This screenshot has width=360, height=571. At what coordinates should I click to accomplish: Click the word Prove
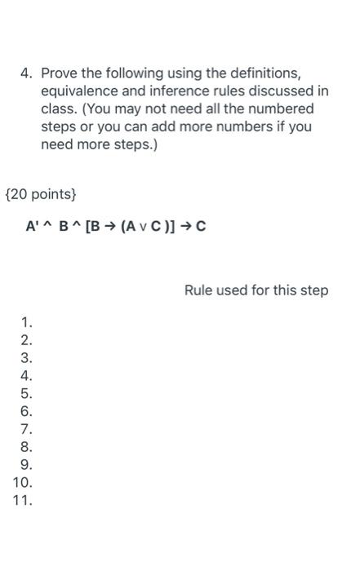click(60, 73)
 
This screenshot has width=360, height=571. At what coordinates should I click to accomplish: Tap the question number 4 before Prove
click(26, 73)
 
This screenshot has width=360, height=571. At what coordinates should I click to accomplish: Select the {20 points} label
click(42, 195)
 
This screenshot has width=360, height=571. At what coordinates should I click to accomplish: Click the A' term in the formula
click(33, 226)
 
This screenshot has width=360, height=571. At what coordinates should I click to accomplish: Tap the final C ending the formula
click(201, 226)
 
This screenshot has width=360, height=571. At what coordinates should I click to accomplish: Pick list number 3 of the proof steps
click(26, 358)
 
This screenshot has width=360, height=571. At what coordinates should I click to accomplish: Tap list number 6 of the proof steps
click(26, 411)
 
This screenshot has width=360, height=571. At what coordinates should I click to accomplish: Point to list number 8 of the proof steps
click(26, 447)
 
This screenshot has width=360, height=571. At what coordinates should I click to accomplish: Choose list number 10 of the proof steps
click(23, 482)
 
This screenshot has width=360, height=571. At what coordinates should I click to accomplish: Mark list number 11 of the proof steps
click(23, 500)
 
